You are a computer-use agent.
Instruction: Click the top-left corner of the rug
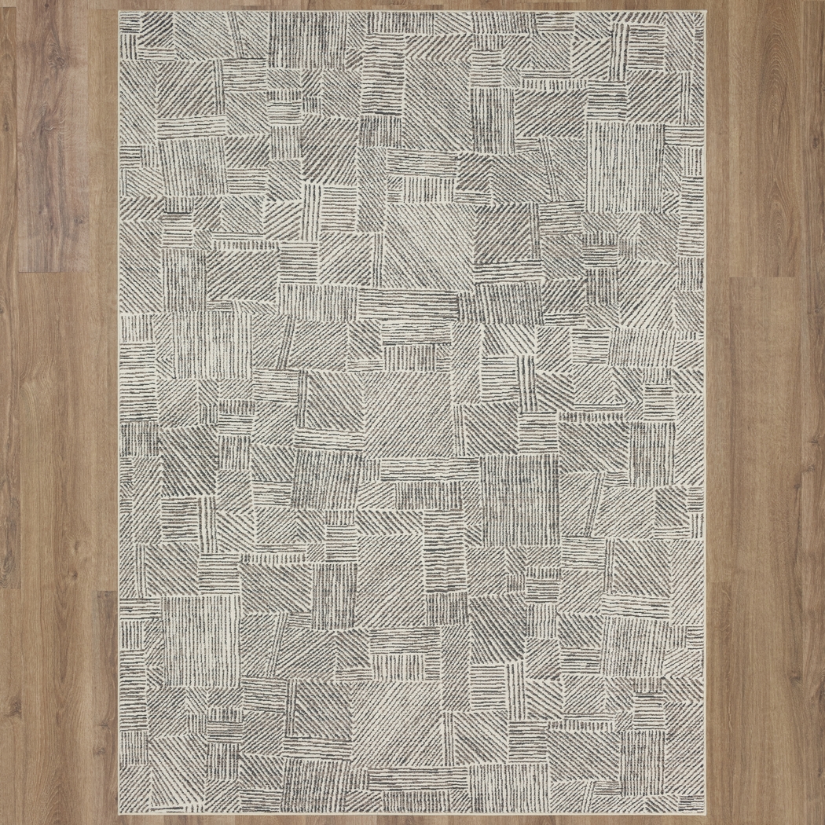click(120, 13)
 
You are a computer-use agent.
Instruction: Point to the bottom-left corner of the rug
click(120, 813)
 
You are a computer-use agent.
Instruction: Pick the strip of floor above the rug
click(412, 5)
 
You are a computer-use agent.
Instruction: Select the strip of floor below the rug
click(412, 819)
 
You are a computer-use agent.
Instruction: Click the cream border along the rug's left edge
click(122, 412)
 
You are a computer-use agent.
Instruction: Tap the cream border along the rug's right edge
click(703, 412)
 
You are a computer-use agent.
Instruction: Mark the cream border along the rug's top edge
click(412, 14)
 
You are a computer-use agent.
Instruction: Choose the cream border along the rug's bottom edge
click(412, 812)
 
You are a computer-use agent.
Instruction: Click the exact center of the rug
click(412, 412)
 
